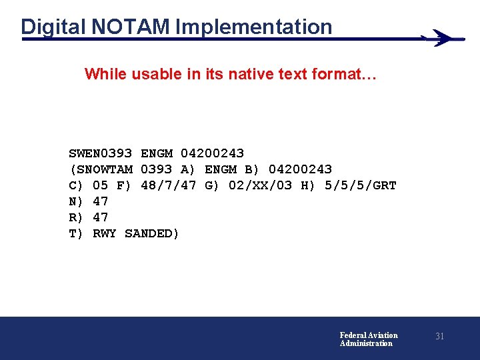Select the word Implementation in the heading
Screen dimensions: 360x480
(x=254, y=27)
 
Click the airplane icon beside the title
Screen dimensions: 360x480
(x=442, y=38)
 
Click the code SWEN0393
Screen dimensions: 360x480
(x=101, y=153)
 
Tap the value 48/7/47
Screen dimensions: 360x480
(x=169, y=185)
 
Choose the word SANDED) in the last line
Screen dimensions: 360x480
(x=152, y=233)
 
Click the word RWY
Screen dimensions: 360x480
(x=105, y=233)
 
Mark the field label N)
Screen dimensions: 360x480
(x=77, y=201)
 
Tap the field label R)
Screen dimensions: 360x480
(x=77, y=217)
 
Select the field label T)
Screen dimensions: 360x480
(x=77, y=233)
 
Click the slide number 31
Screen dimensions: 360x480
(x=439, y=337)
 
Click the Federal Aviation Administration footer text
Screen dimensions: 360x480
(x=368, y=339)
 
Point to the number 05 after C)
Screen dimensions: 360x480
(x=101, y=185)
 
